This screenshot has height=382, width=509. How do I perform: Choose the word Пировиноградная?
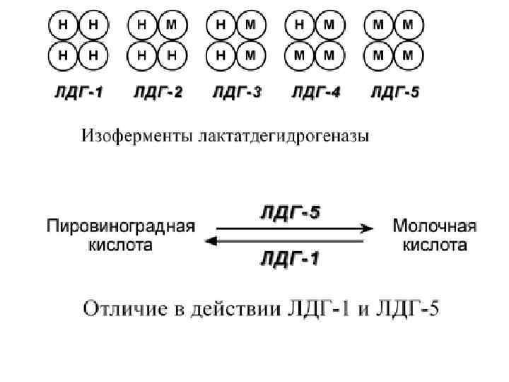120,227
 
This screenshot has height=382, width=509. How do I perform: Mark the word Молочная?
434,227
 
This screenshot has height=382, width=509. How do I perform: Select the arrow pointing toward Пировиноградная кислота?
283,242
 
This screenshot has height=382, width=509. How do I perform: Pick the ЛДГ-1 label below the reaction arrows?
289,259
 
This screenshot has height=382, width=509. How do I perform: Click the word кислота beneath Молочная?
434,245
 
